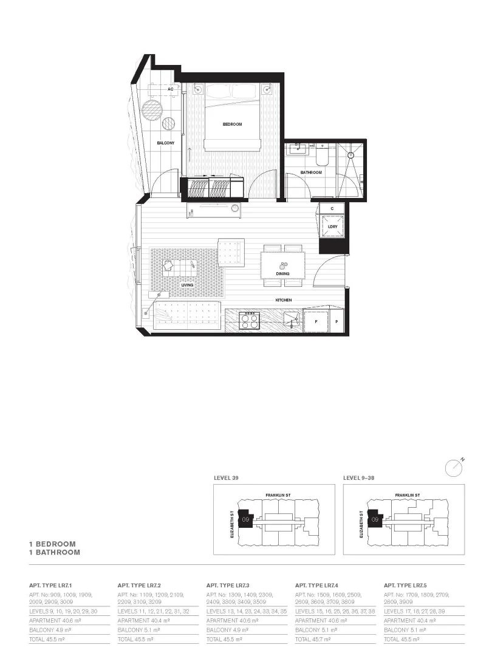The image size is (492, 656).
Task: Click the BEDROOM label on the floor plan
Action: (232, 124)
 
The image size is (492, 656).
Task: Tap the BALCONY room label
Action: (165, 143)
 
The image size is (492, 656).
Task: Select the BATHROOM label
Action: (310, 173)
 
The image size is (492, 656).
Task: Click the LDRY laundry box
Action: (332, 227)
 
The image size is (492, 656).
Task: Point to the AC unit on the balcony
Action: (171, 89)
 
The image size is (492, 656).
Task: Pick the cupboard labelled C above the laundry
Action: (332, 208)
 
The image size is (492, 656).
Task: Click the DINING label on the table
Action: (282, 274)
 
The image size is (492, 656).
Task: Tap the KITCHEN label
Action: (283, 300)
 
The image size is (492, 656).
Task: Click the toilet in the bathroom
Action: (321, 157)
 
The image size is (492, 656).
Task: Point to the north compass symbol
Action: (454, 467)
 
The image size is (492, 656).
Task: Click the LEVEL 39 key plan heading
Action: (225, 478)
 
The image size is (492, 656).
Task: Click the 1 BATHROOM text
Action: (55, 553)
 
